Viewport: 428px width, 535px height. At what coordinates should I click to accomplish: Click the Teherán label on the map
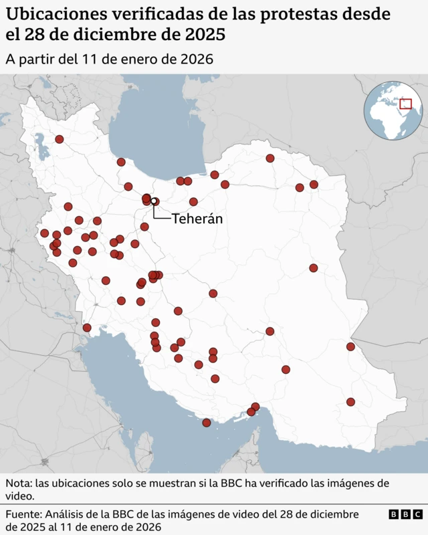coord(197,219)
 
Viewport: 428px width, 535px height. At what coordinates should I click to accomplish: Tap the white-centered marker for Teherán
coord(154,201)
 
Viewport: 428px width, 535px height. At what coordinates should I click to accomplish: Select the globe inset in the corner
coord(394,110)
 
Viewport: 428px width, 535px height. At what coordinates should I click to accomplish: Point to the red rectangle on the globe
coord(405,104)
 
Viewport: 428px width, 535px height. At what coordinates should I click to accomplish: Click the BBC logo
coord(405,514)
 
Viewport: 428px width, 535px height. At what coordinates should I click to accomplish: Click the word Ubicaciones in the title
coord(49,14)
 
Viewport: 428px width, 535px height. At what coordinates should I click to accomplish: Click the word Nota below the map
coord(18,483)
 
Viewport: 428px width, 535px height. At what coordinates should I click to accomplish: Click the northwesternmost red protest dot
coord(60,139)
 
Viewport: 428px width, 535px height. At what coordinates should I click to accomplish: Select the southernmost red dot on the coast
coord(207,423)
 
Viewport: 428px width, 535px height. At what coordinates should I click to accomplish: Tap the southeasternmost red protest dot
coord(350,402)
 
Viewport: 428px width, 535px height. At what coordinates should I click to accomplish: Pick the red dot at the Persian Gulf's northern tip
coord(87,328)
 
